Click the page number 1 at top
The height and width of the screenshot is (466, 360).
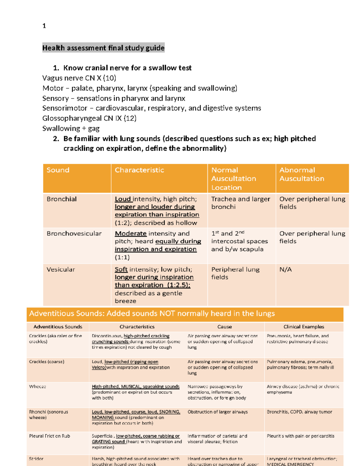[44, 26]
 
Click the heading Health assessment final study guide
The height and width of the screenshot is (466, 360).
[103, 48]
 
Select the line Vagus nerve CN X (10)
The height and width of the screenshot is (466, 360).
[79, 78]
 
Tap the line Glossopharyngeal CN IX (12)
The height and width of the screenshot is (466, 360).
[89, 118]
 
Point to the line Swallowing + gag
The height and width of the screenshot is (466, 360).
[71, 128]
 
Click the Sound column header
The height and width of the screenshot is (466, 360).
[58, 170]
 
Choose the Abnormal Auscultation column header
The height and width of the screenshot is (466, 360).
[301, 174]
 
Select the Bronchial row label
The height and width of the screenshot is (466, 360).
[61, 199]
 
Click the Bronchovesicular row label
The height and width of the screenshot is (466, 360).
[74, 233]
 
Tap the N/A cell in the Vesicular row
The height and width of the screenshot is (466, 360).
[285, 269]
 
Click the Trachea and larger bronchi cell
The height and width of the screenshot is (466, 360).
[240, 203]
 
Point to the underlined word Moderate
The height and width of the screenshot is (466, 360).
[130, 233]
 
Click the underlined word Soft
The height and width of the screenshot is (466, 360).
[121, 269]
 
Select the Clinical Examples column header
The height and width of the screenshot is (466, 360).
[304, 327]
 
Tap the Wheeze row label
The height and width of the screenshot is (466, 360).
[37, 386]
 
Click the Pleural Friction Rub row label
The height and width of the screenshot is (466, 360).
[49, 436]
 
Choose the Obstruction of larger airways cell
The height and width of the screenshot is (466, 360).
[217, 412]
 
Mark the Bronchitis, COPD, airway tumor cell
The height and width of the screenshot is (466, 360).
[299, 412]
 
